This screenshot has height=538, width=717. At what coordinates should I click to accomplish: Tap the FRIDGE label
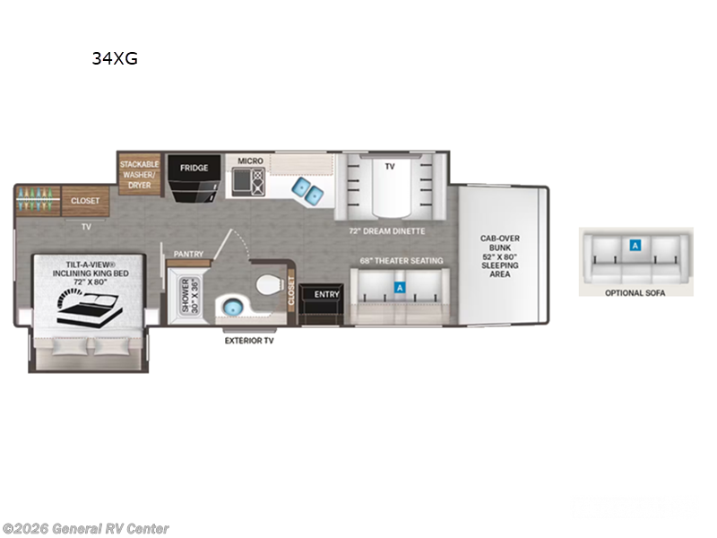click(194, 168)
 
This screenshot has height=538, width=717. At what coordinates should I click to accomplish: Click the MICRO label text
click(250, 161)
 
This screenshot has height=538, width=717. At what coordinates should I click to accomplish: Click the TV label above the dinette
click(390, 166)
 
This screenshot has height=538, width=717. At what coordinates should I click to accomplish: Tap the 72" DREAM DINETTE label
click(387, 230)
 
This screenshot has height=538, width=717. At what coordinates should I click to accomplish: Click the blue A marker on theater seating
click(400, 288)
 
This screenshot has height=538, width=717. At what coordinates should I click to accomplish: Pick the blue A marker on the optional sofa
click(635, 244)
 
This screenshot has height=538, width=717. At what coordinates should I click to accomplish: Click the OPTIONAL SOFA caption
click(635, 293)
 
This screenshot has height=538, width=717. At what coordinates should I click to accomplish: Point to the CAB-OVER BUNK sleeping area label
click(500, 256)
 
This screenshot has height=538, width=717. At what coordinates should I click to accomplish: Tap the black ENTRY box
click(319, 294)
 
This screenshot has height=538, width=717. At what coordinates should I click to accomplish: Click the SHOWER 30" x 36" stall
click(188, 296)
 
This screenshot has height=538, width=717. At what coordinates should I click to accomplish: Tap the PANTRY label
click(188, 254)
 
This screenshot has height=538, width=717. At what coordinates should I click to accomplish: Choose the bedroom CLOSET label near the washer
click(86, 201)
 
